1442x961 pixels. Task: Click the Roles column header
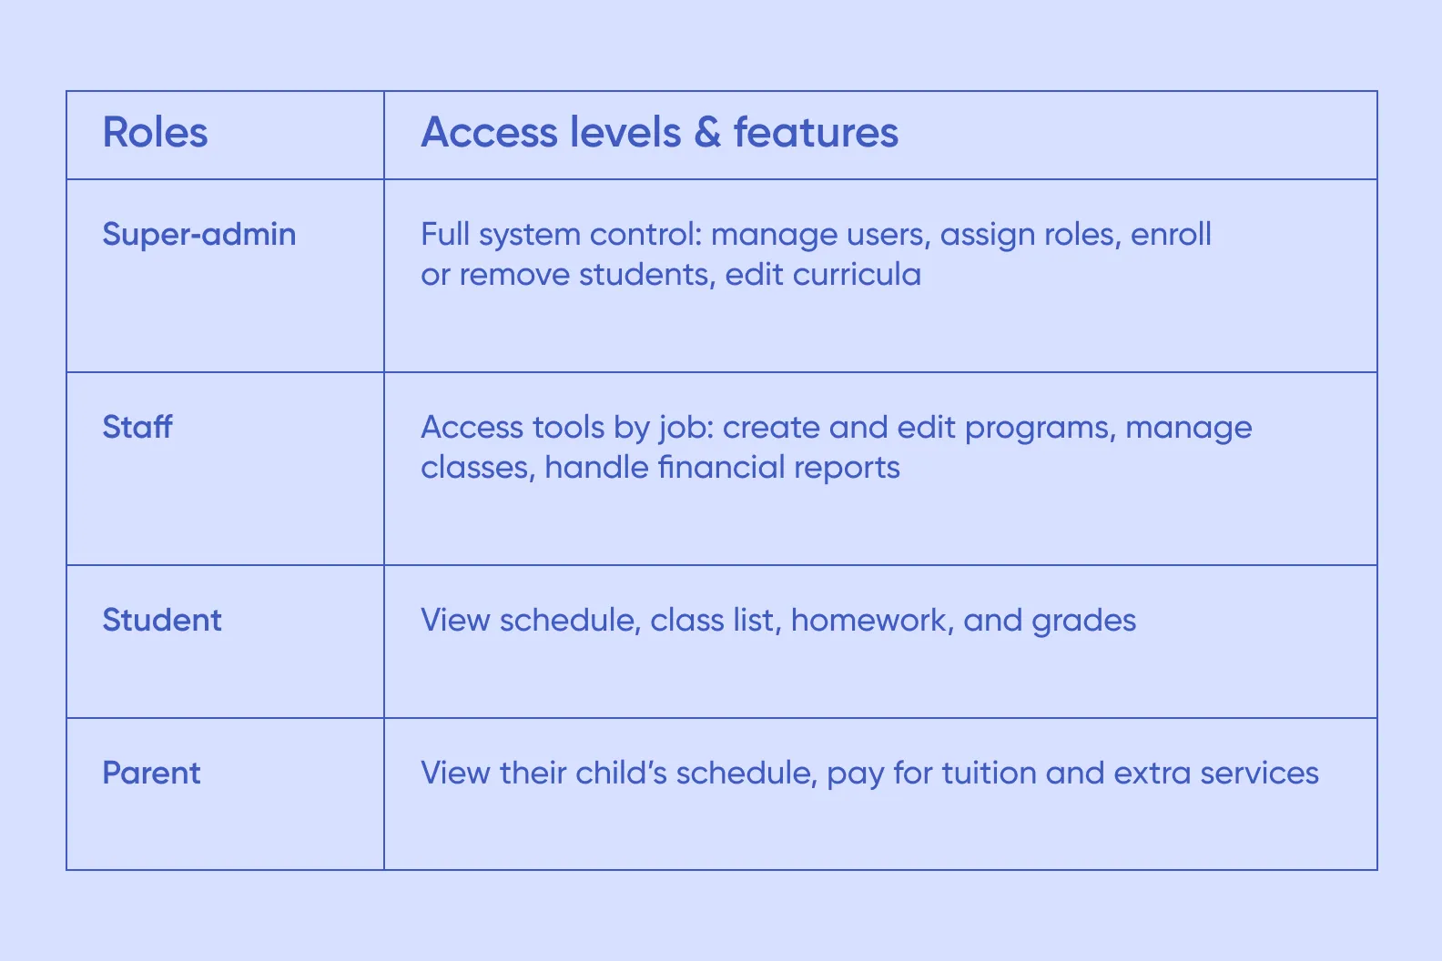click(x=155, y=133)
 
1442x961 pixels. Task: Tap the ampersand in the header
click(x=706, y=133)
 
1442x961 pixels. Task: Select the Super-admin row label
click(x=198, y=235)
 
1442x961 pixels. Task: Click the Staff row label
click(x=137, y=427)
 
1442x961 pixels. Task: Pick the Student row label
click(x=161, y=620)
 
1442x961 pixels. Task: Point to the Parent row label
click(x=151, y=773)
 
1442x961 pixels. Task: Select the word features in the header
click(x=816, y=133)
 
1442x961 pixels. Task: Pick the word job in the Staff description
click(x=683, y=429)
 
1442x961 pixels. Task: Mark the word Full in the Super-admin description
click(x=445, y=235)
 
